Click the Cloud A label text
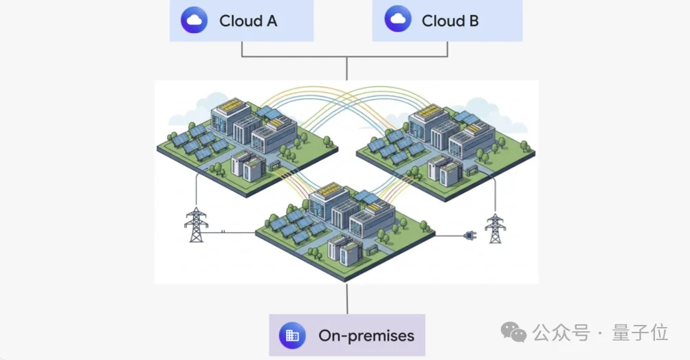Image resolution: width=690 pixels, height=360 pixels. tap(248, 21)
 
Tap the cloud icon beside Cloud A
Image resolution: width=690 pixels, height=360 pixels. tap(194, 20)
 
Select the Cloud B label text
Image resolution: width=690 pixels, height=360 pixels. tap(450, 21)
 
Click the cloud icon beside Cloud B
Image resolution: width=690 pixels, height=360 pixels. tap(398, 19)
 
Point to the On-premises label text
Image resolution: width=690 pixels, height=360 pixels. tap(366, 336)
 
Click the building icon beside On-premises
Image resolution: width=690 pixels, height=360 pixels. tap(292, 335)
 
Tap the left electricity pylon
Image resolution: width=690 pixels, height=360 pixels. tap(196, 225)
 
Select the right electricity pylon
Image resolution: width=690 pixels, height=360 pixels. tap(495, 228)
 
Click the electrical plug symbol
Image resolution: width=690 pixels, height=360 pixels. tap(470, 236)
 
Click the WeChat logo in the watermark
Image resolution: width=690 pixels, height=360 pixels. tap(513, 333)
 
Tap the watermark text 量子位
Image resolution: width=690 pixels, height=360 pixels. tap(640, 333)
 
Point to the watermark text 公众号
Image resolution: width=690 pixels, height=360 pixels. tap(561, 333)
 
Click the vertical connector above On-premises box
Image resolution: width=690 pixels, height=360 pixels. tap(347, 299)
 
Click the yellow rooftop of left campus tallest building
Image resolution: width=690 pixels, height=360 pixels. tap(232, 105)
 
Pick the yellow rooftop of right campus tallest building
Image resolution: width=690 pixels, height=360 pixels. tap(429, 111)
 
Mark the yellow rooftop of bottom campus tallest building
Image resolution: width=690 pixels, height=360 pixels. tap(330, 190)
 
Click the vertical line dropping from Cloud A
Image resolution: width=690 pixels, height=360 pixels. tap(242, 49)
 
